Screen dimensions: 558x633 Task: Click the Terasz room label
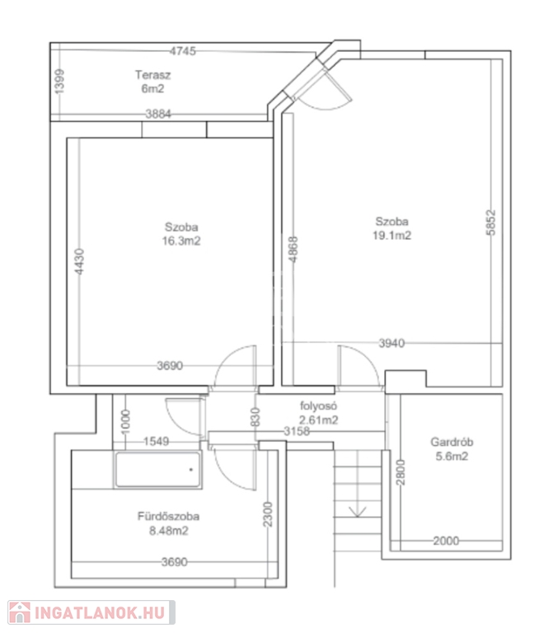click(x=152, y=75)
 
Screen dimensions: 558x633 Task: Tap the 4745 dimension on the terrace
click(x=182, y=51)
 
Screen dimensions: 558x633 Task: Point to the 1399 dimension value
click(x=59, y=81)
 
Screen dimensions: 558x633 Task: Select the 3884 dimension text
click(x=158, y=114)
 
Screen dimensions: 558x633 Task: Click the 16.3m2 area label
click(x=181, y=241)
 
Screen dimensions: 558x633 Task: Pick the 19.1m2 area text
click(x=392, y=236)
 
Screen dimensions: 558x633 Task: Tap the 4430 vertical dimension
click(x=80, y=261)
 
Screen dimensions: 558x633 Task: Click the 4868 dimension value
click(x=293, y=250)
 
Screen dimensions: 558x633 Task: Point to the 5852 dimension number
click(x=490, y=222)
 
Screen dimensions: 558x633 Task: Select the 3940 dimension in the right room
click(x=392, y=343)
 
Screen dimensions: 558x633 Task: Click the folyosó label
click(x=318, y=406)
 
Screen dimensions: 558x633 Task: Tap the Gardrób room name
click(x=452, y=442)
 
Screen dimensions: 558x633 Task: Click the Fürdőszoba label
click(x=168, y=516)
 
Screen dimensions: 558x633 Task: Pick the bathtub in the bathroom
click(x=158, y=470)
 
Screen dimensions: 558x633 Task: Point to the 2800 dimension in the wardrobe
click(x=400, y=472)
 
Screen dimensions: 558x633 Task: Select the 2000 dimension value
click(x=446, y=541)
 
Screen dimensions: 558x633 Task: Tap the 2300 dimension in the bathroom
click(x=267, y=514)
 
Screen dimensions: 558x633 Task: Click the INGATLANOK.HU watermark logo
click(x=91, y=613)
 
